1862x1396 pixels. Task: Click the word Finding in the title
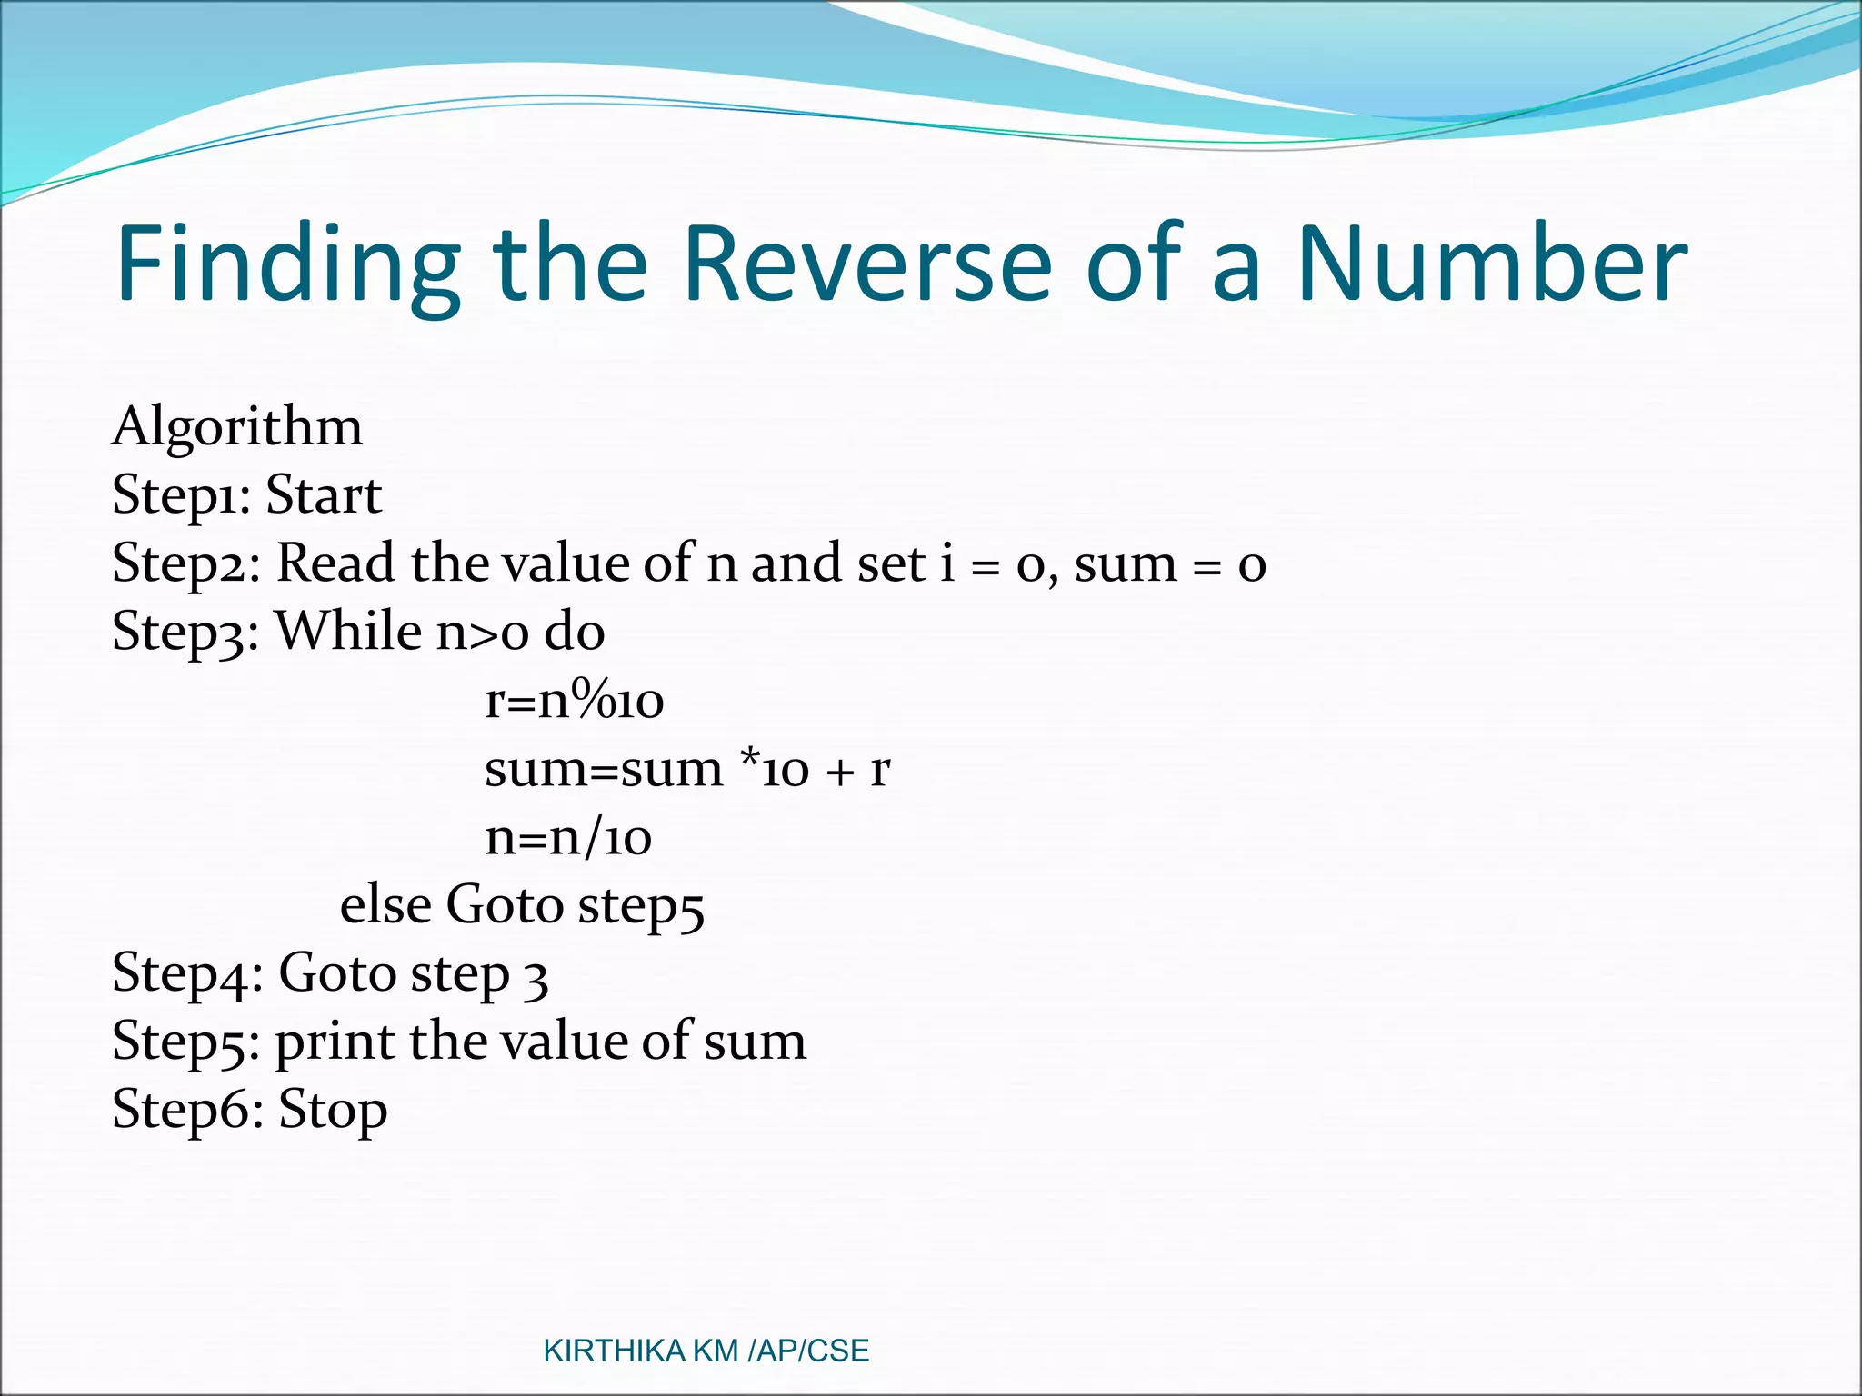click(287, 265)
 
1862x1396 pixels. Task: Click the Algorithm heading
click(237, 427)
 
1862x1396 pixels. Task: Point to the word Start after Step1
click(324, 495)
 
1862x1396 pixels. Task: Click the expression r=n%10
click(575, 701)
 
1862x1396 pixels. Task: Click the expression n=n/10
click(568, 837)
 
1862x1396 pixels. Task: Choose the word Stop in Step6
click(333, 1111)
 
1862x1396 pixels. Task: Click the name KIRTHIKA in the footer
click(614, 1351)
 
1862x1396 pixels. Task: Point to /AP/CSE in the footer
click(807, 1351)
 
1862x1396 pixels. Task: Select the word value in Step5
click(565, 1042)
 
